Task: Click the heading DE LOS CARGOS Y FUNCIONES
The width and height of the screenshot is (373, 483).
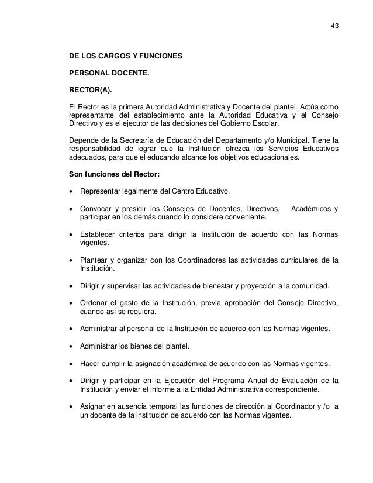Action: tap(126, 58)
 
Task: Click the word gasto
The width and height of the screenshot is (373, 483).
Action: tap(133, 302)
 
